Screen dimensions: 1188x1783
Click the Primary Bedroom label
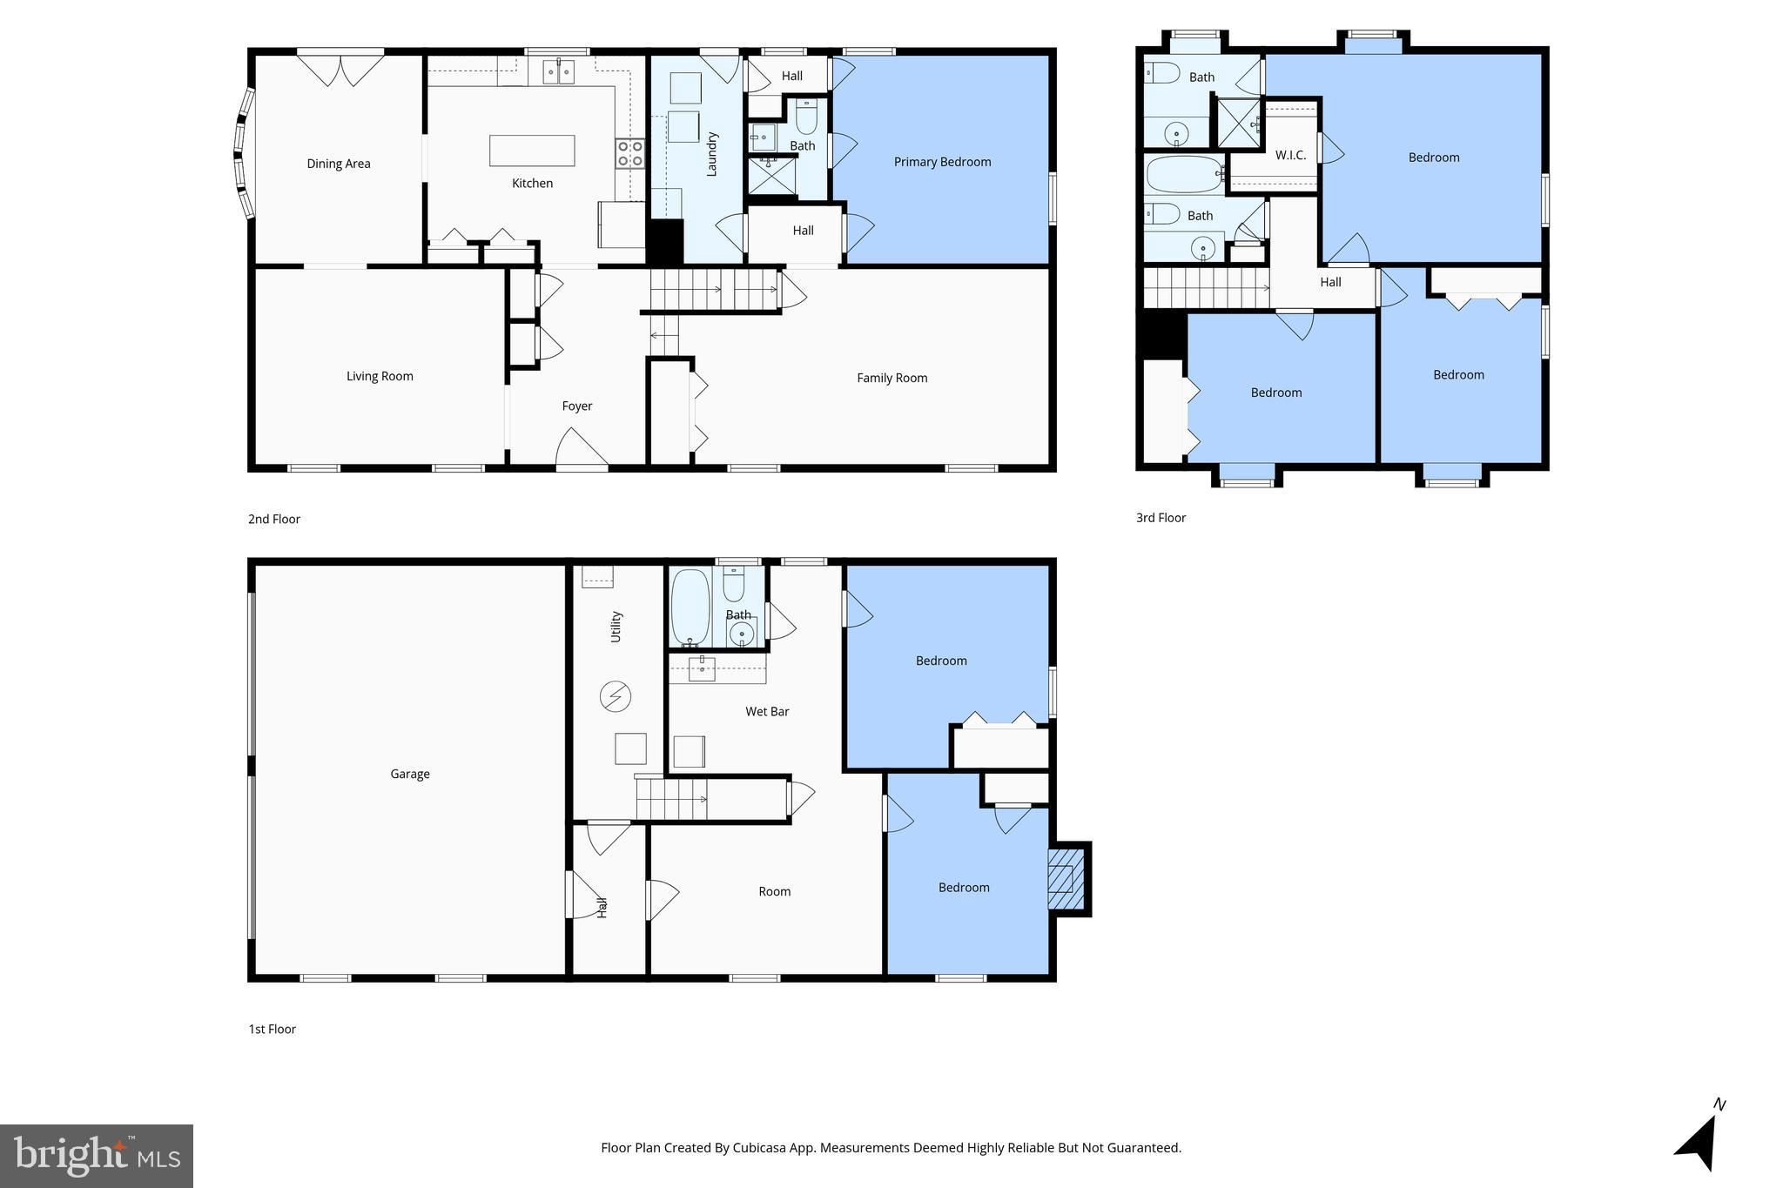coord(942,162)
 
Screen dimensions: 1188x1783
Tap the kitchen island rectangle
coord(532,151)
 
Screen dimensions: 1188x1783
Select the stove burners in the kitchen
coord(629,154)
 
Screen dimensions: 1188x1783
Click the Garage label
coord(410,774)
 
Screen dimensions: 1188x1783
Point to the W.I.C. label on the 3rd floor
coord(1290,156)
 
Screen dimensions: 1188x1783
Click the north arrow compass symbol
coord(1699,1140)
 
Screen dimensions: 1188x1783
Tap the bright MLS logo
coord(96,1156)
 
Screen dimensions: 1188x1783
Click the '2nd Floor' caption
coord(274,519)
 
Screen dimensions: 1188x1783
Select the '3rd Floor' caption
coord(1161,518)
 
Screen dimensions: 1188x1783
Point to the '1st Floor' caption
coord(272,1029)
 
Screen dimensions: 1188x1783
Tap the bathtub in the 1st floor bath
coord(690,607)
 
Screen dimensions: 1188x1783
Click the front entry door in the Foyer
coord(581,449)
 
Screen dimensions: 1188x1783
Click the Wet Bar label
coord(767,711)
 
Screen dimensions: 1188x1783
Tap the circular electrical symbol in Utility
coord(616,696)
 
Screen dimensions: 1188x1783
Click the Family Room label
coord(891,378)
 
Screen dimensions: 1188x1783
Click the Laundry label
coord(711,154)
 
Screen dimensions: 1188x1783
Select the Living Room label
coord(380,376)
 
